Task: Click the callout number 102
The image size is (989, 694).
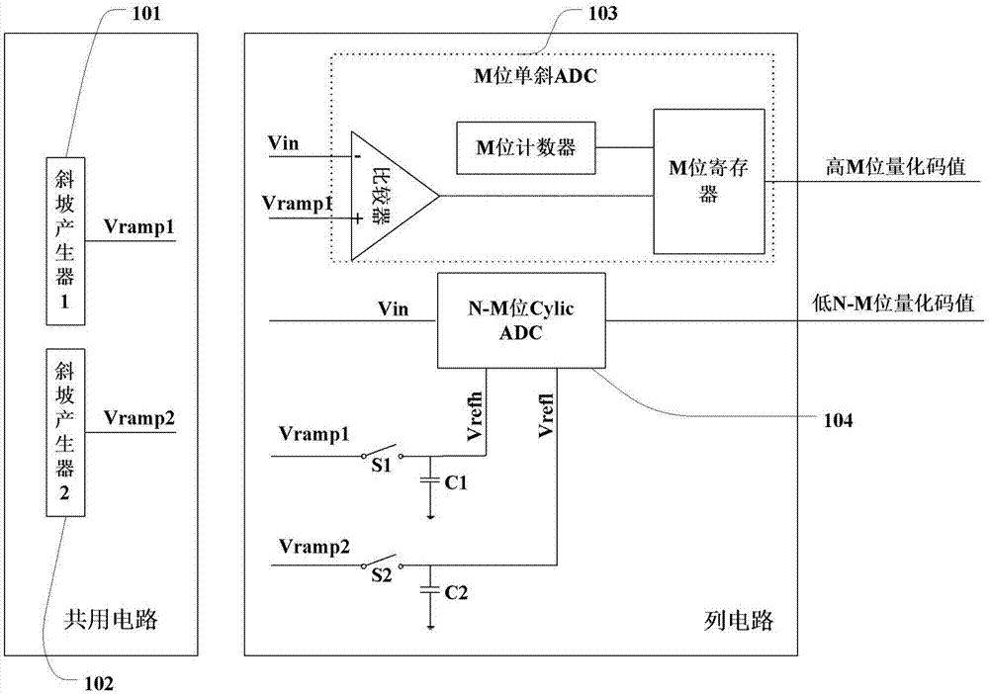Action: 100,680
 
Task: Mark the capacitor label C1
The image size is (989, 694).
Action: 456,484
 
